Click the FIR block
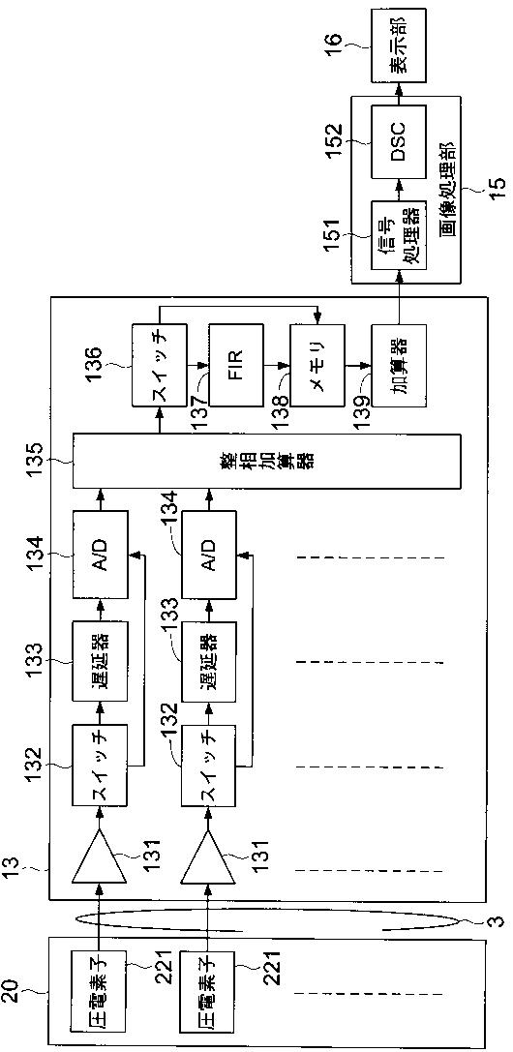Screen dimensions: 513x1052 tap(235, 366)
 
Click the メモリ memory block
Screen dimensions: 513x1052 tap(317, 366)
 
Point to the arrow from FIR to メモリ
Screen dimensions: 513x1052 tap(276, 366)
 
